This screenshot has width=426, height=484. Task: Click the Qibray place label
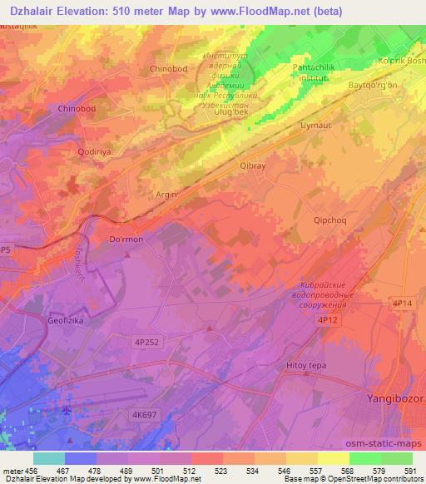click(252, 165)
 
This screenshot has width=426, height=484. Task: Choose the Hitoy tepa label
click(305, 365)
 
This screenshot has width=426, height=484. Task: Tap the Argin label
click(167, 195)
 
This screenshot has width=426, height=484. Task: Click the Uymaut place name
click(315, 125)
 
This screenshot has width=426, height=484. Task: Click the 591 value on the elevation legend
click(409, 472)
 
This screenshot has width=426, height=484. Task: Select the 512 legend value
click(191, 472)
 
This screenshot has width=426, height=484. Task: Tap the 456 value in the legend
click(32, 472)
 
